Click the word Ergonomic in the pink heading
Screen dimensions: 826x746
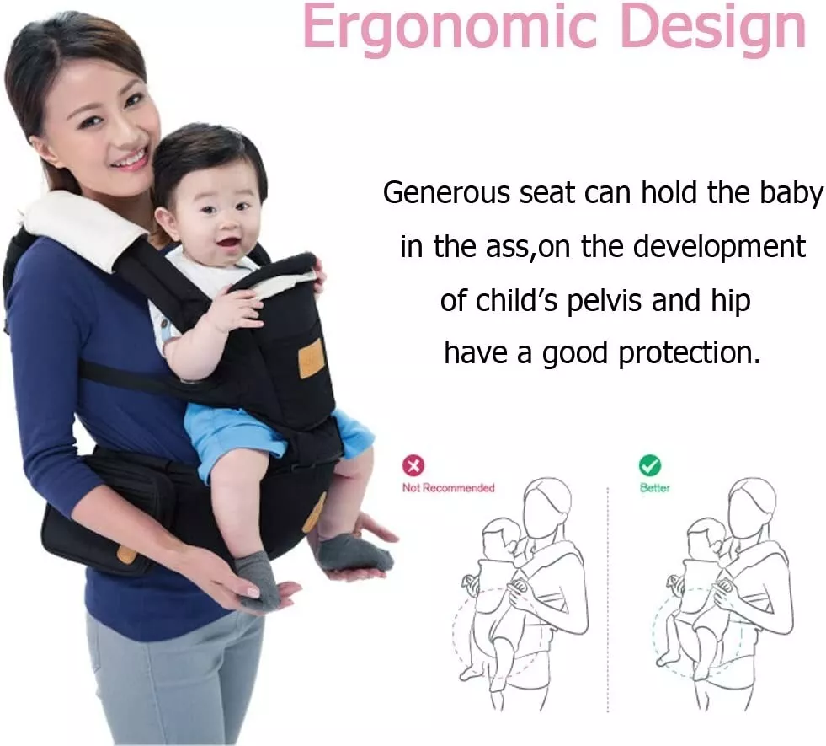[x=450, y=26]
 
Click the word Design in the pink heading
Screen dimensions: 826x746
[x=714, y=26]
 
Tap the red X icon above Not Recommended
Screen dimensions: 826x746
[x=413, y=465]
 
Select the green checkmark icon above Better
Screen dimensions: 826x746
[x=649, y=465]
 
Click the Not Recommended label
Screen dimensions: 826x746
[x=448, y=488]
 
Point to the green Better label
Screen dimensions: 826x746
[x=655, y=488]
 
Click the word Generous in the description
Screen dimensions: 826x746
[x=447, y=193]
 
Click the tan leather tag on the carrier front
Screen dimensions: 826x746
[x=310, y=358]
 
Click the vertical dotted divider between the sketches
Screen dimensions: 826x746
[x=607, y=599]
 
